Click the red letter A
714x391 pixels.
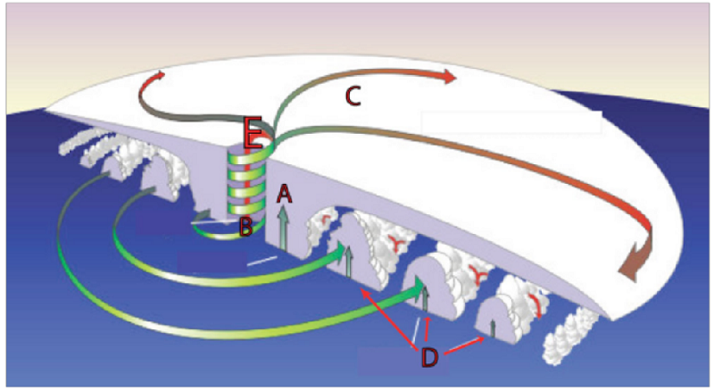click(x=285, y=194)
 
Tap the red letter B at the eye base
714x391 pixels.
click(x=246, y=227)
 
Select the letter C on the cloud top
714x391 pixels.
click(x=353, y=96)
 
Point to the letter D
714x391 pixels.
click(x=429, y=358)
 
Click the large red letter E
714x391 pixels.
click(x=253, y=133)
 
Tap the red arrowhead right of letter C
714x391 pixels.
click(x=449, y=77)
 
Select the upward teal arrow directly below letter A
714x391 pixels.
click(x=284, y=228)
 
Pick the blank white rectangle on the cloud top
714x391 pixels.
click(x=511, y=122)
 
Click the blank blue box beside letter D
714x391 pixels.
click(x=403, y=361)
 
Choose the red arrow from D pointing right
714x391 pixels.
click(x=464, y=345)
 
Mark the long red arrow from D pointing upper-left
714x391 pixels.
click(x=389, y=318)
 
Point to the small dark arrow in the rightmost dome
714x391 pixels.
click(x=493, y=329)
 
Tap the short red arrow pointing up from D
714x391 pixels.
click(x=427, y=329)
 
